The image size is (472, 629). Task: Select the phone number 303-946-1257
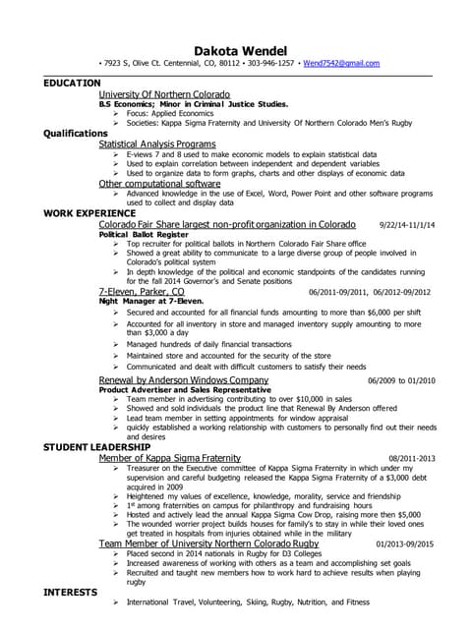point(272,63)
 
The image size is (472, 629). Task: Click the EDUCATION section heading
point(72,84)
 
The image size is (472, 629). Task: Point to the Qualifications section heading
point(76,133)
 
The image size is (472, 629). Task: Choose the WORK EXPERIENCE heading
point(89,212)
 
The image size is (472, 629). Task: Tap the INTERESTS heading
point(69,593)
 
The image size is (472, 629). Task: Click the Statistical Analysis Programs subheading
point(157,143)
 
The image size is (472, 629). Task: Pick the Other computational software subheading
point(159,183)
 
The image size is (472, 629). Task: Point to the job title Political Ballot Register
point(145,234)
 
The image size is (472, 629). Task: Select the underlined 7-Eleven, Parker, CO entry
point(142,292)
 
